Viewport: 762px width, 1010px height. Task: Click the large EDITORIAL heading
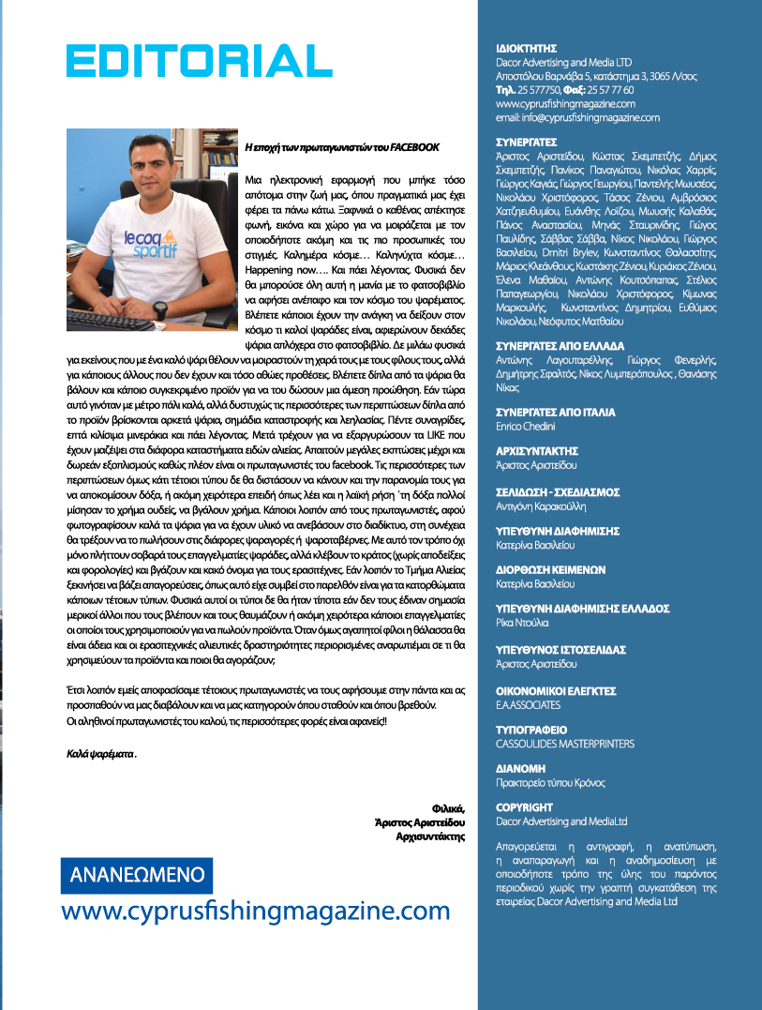point(193,61)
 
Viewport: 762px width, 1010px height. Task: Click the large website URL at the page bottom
point(256,911)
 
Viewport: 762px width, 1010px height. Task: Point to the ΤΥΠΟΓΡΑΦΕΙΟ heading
point(530,729)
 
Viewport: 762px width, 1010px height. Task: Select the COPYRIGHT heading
point(524,806)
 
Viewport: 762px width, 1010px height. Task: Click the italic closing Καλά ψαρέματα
point(101,752)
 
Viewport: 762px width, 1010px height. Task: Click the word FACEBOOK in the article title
point(413,147)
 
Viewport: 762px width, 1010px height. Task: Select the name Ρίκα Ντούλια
point(523,622)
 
